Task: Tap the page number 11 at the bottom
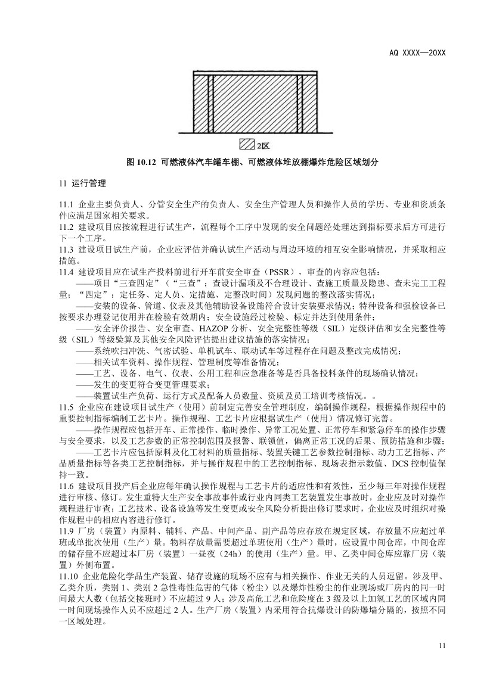442,646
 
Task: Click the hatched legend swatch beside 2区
246,144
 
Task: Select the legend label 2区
263,145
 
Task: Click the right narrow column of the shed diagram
300,102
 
